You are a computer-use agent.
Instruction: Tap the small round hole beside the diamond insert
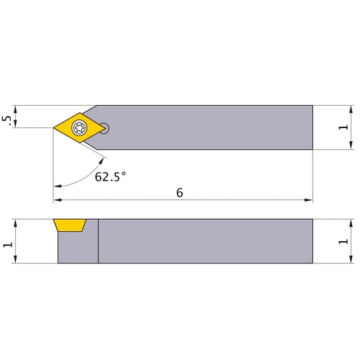[106, 129]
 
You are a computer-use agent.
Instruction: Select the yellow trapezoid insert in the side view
[71, 225]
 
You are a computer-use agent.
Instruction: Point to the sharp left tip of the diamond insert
[54, 128]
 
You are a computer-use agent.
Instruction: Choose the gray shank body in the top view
[209, 127]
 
